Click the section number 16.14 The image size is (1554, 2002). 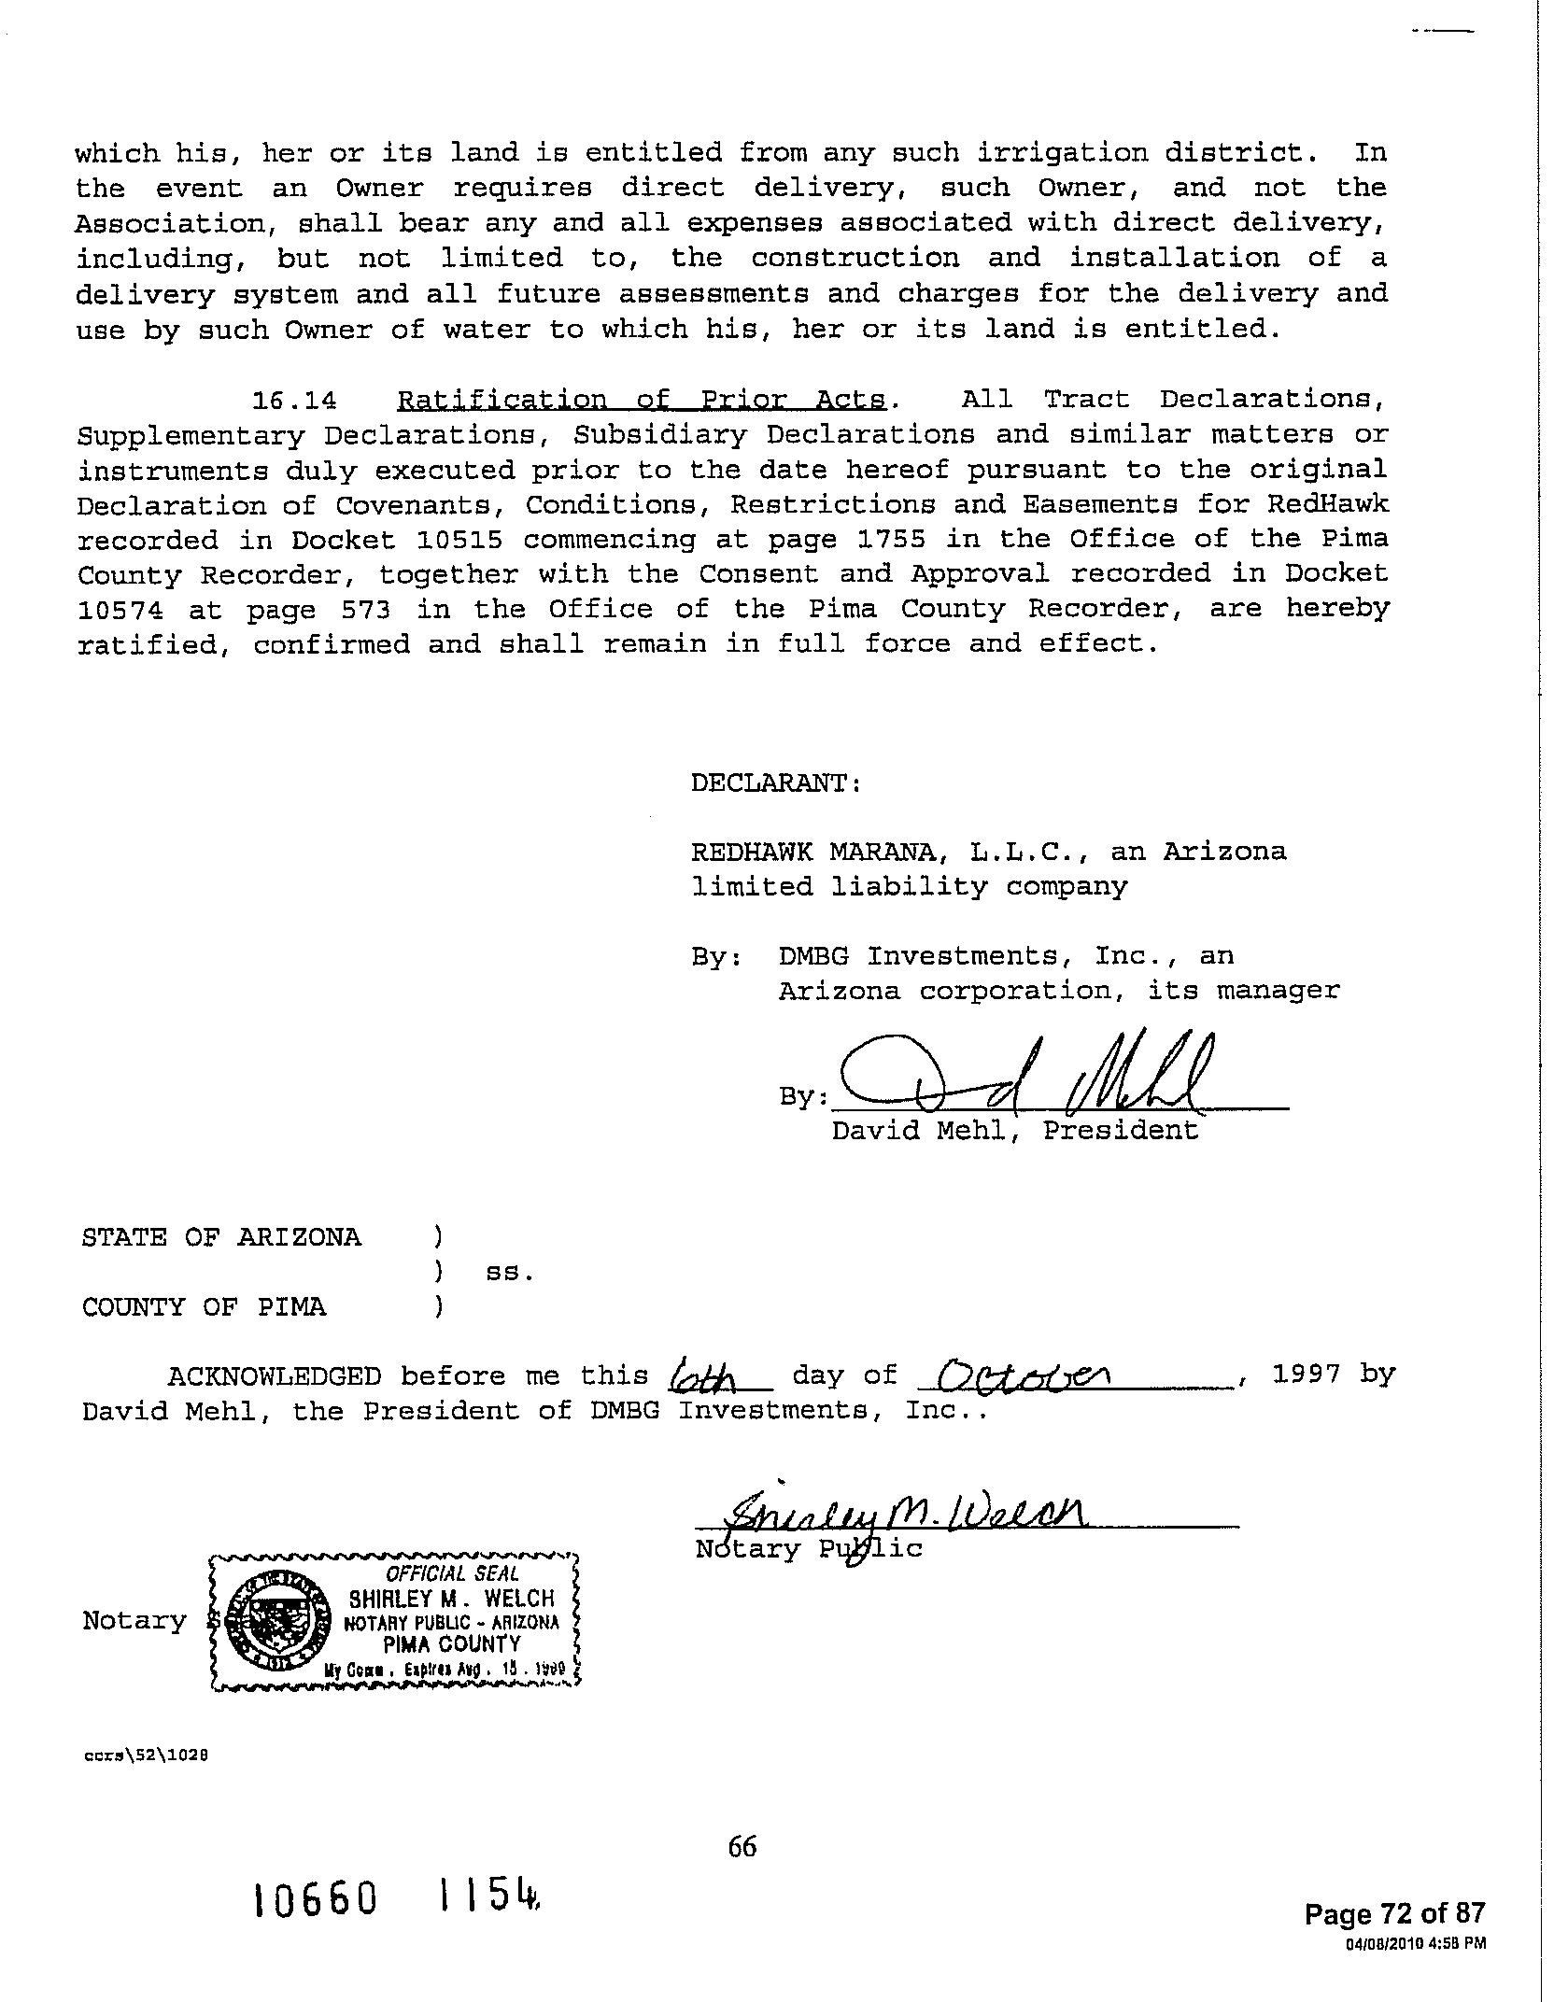(294, 401)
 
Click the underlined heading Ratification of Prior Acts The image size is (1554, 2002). (642, 400)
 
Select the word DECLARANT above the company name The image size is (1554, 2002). (775, 782)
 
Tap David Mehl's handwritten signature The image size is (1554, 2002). (1027, 1074)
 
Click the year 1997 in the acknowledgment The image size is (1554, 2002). (1307, 1375)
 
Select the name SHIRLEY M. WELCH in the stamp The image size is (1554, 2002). (452, 1600)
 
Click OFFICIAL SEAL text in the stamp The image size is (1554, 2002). (452, 1574)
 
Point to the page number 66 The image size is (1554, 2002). (742, 1846)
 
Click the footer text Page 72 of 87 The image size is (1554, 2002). (1393, 1915)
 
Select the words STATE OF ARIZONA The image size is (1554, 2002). (221, 1237)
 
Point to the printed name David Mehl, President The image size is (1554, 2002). (1014, 1131)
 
